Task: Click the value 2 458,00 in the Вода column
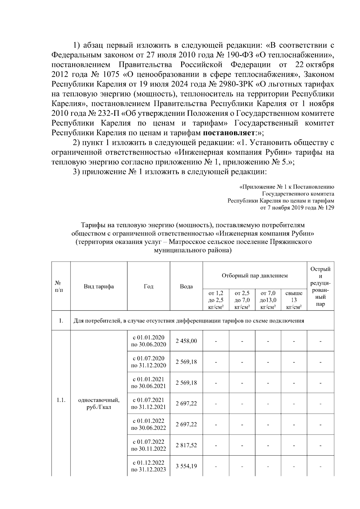coord(186,341)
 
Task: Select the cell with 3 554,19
coord(186,466)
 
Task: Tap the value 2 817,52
coord(186,445)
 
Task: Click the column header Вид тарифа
coord(99,286)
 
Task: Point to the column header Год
coord(148,286)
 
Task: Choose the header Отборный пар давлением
coord(254,275)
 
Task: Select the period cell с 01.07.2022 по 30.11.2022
coord(148,445)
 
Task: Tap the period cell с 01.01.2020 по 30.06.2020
coord(148,341)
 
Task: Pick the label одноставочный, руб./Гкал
coord(99,403)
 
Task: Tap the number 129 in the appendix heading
coord(329,208)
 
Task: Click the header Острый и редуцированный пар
coord(320,286)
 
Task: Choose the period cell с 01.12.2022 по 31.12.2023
coord(148,466)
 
